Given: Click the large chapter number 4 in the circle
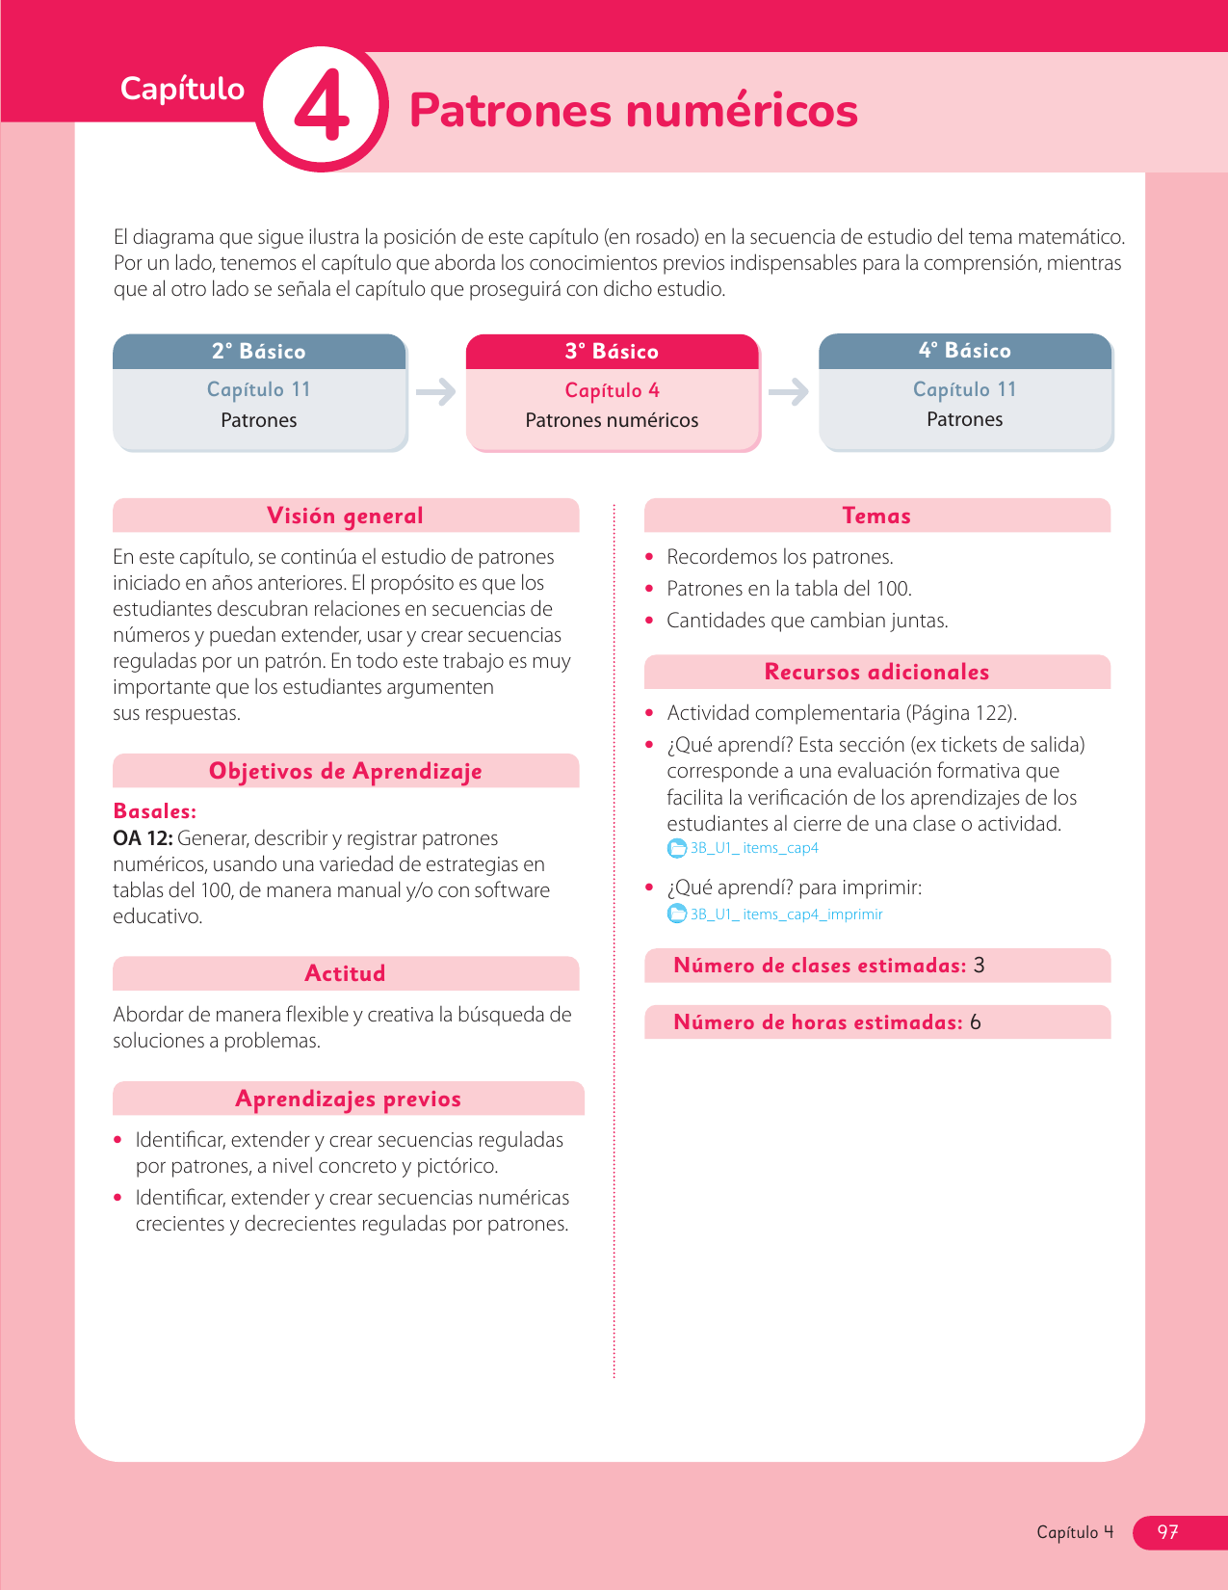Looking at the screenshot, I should (322, 107).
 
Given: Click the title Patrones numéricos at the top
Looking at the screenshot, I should (633, 110).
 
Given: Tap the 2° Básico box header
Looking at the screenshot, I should (259, 352).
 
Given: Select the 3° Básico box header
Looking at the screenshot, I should (613, 352).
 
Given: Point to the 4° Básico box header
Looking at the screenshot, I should (965, 351).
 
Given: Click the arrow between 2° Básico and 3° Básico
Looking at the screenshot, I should (436, 392).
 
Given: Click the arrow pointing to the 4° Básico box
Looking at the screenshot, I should (789, 392).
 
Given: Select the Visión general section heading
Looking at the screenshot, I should (345, 516).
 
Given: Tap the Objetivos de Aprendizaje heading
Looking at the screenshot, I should (345, 771).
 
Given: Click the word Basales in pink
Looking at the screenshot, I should (154, 811).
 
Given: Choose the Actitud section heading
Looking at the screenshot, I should (345, 973).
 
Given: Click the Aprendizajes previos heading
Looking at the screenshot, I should (348, 1099).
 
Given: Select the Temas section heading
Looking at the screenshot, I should (876, 516).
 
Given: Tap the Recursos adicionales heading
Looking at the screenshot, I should (876, 672).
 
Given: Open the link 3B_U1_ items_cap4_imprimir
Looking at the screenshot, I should (786, 914).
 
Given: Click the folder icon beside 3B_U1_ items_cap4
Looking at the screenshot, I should (677, 849).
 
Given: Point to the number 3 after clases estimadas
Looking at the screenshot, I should (980, 966).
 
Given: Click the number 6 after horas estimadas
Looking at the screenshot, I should (976, 1022).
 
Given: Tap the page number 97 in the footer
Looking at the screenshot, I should (1167, 1532).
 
